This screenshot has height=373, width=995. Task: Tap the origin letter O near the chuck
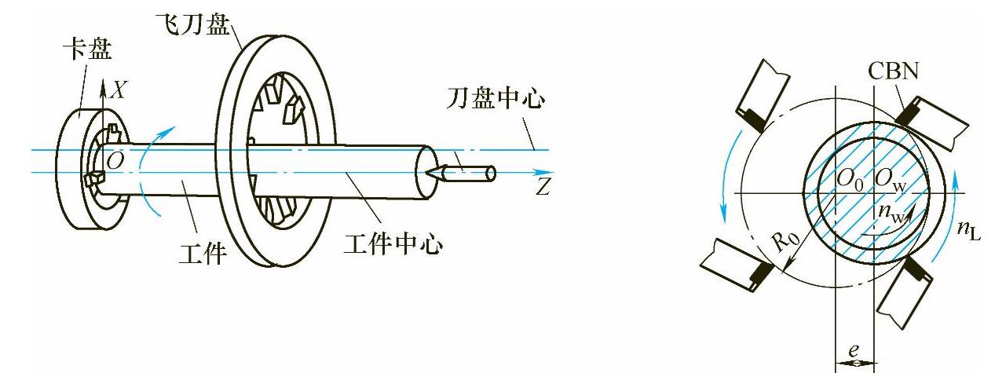coord(115,162)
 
